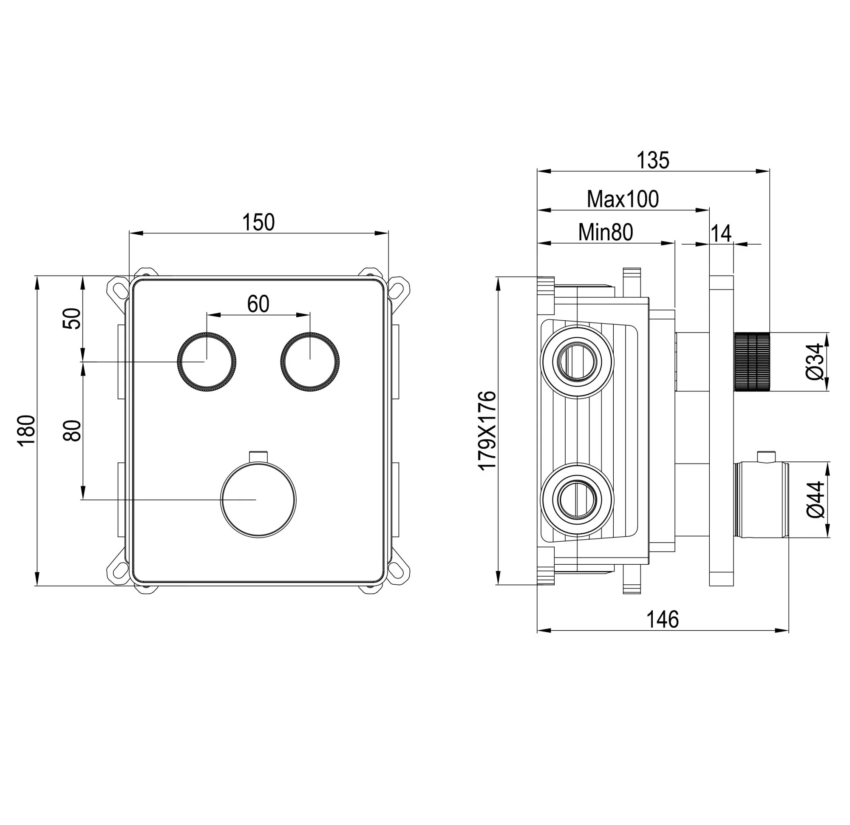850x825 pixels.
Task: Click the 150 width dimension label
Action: pos(258,223)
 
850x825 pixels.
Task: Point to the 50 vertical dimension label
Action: pos(72,319)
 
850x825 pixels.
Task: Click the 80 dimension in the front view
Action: pos(72,431)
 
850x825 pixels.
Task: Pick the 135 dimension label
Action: pos(653,161)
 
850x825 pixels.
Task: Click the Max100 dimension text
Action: pos(623,199)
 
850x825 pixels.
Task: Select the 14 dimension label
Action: pos(721,233)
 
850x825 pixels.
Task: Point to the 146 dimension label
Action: pos(663,619)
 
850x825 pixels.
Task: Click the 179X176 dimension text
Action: pos(487,430)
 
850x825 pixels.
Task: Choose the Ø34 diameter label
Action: pos(815,362)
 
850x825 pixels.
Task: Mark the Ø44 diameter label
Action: pos(815,500)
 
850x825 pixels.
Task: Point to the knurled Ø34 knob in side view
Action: pos(751,362)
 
